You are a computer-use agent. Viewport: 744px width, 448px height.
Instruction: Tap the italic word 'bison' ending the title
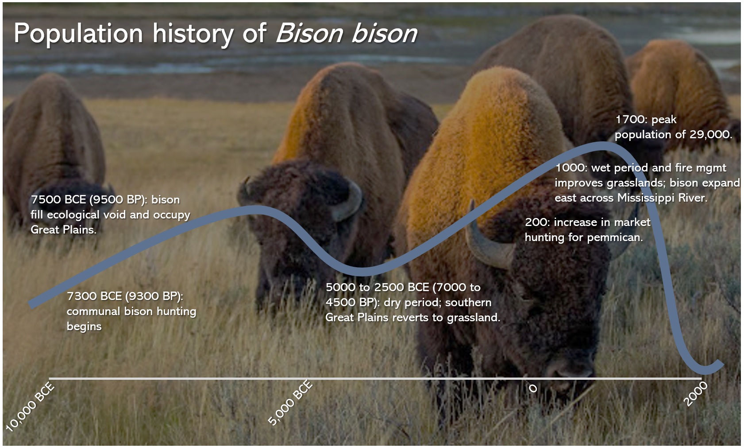click(384, 33)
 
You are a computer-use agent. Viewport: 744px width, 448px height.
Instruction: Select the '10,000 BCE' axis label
click(30, 407)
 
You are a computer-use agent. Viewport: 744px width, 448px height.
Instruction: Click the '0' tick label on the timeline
click(532, 389)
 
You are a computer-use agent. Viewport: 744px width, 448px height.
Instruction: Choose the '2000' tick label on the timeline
click(696, 394)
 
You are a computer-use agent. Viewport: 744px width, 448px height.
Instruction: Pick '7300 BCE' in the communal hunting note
click(94, 296)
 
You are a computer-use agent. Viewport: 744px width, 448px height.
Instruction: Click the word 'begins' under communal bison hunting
click(84, 327)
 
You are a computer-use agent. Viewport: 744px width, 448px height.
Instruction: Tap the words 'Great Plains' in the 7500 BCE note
click(63, 230)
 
